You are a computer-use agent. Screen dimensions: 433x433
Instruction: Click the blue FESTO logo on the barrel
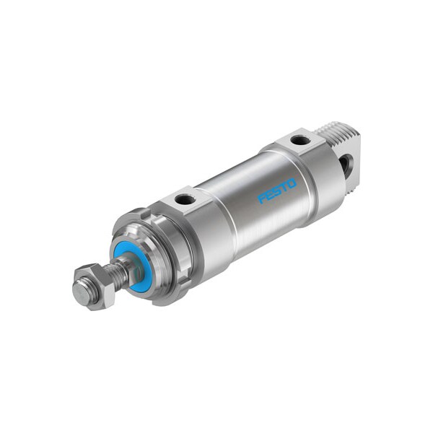(277, 191)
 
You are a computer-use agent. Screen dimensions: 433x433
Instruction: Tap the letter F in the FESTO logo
(261, 198)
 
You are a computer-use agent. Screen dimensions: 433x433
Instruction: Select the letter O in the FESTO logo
(291, 183)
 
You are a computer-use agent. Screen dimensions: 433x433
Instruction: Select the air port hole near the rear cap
(300, 139)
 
